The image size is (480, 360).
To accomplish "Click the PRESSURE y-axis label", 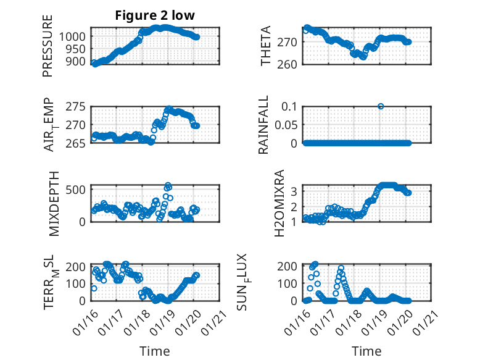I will pyautogui.click(x=48, y=46).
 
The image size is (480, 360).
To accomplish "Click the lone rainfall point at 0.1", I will pyautogui.click(x=381, y=106).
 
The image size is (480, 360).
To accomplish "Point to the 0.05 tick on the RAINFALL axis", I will pyautogui.click(x=288, y=125).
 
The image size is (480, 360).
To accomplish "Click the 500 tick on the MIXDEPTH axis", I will pyautogui.click(x=80, y=189).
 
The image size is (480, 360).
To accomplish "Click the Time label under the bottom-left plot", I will pyautogui.click(x=154, y=351).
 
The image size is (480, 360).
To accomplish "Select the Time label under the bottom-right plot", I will pyautogui.click(x=366, y=351).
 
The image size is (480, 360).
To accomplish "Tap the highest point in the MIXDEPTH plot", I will pyautogui.click(x=167, y=185).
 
